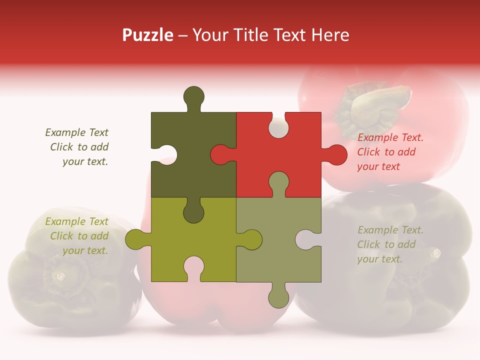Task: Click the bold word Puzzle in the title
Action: click(148, 35)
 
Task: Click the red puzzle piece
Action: click(295, 165)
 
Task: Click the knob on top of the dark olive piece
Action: click(194, 96)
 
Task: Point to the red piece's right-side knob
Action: click(336, 154)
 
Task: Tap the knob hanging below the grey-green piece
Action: click(278, 297)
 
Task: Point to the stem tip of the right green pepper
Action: click(435, 253)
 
